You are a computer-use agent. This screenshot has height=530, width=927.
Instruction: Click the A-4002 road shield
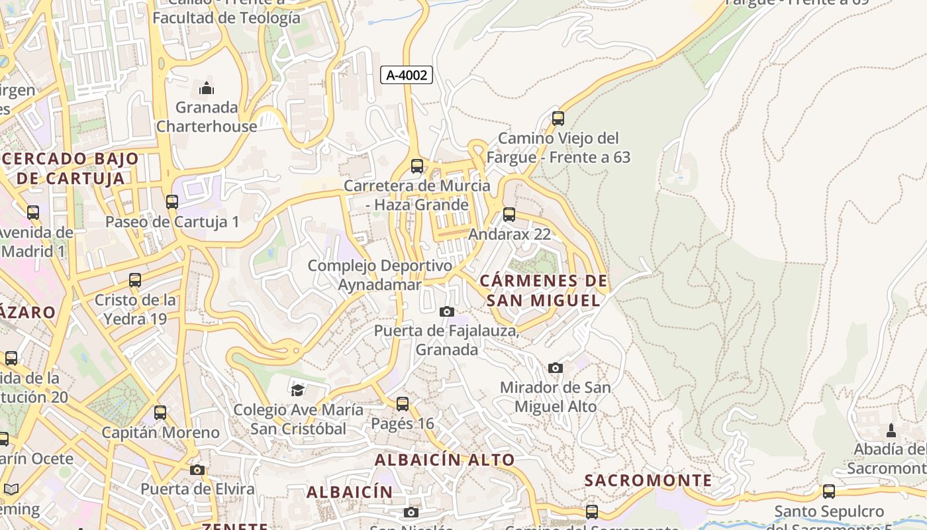[x=407, y=76]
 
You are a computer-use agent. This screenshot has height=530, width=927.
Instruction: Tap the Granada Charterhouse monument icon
[x=207, y=87]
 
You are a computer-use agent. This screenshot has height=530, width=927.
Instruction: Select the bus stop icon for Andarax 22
[x=509, y=215]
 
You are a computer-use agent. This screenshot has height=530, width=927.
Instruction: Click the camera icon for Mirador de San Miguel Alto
[x=556, y=368]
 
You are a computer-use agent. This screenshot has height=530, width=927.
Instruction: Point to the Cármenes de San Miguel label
[x=543, y=290]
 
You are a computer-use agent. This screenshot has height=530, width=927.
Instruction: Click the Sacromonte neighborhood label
[x=648, y=480]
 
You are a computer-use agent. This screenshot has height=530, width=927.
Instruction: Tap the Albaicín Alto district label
[x=444, y=459]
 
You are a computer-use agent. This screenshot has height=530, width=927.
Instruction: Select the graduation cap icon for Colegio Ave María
[x=297, y=390]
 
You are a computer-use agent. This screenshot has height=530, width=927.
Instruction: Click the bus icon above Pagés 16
[x=402, y=404]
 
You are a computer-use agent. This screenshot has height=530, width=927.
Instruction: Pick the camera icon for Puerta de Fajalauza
[x=447, y=311]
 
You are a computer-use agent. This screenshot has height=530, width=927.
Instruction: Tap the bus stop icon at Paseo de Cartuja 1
[x=172, y=202]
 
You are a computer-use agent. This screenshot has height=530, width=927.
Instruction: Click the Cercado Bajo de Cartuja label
[x=71, y=168]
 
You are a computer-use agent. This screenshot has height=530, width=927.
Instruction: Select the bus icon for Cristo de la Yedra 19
[x=135, y=280]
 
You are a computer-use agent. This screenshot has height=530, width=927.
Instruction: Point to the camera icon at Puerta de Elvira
[x=197, y=470]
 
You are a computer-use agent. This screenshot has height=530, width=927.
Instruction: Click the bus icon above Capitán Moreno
[x=160, y=413]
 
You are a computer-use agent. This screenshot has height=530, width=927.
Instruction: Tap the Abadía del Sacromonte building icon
[x=891, y=431]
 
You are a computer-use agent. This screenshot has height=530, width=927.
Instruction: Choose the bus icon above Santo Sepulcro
[x=828, y=492]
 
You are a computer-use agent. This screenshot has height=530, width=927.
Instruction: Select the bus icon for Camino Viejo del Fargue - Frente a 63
[x=558, y=119]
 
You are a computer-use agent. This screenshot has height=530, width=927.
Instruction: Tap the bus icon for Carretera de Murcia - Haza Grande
[x=417, y=166]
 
